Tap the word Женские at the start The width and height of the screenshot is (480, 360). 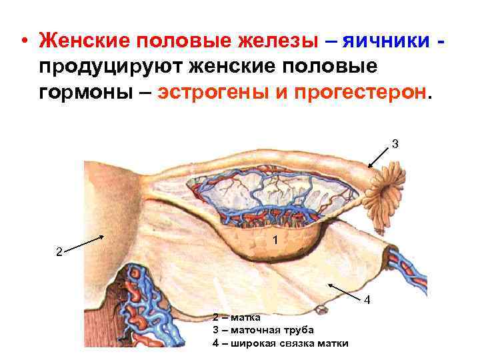pyautogui.click(x=85, y=41)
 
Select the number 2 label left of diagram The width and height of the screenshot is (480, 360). pyautogui.click(x=59, y=252)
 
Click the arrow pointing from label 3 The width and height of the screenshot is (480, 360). pyautogui.click(x=379, y=157)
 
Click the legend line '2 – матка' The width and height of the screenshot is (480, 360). pyautogui.click(x=237, y=317)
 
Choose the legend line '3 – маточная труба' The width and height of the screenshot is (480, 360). pyautogui.click(x=263, y=330)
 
